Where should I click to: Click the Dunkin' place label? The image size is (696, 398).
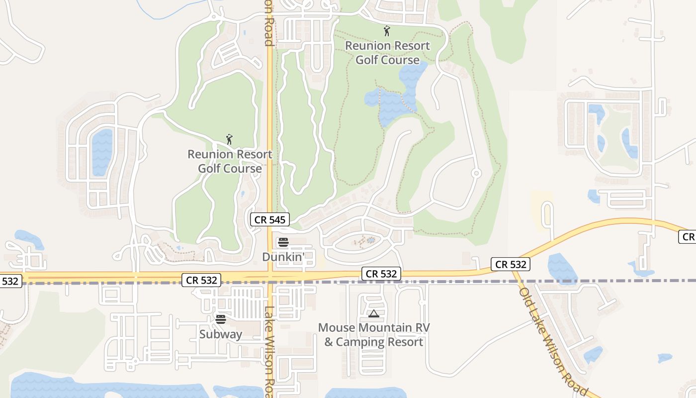[283, 257]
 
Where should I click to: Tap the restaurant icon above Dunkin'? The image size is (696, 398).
[283, 242]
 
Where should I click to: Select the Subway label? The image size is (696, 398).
[221, 334]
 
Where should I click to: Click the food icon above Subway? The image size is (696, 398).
[221, 319]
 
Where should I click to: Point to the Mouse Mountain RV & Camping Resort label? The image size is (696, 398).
[374, 335]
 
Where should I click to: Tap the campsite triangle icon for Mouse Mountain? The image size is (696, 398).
[374, 313]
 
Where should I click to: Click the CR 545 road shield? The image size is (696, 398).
[270, 220]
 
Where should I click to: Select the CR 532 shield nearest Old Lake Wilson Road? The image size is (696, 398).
[511, 264]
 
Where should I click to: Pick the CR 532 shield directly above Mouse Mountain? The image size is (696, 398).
[381, 273]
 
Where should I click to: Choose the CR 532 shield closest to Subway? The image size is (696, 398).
[202, 280]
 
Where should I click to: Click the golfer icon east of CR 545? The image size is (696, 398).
[387, 31]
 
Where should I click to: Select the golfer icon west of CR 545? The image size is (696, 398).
[229, 139]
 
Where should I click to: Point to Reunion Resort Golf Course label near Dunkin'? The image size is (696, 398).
[230, 161]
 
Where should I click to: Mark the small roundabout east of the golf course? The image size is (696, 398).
[476, 173]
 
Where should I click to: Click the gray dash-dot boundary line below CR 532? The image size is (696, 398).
[447, 282]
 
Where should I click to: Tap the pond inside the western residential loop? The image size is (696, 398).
[102, 152]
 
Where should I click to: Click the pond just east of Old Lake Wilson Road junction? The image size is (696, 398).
[562, 269]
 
